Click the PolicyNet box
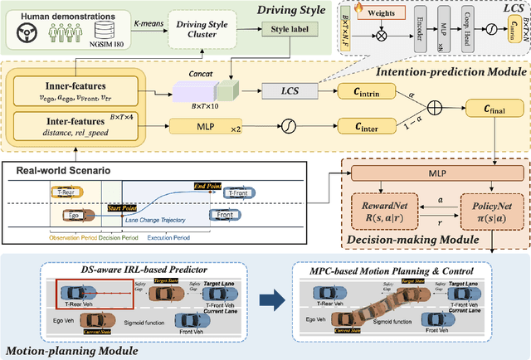[x=481, y=212]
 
